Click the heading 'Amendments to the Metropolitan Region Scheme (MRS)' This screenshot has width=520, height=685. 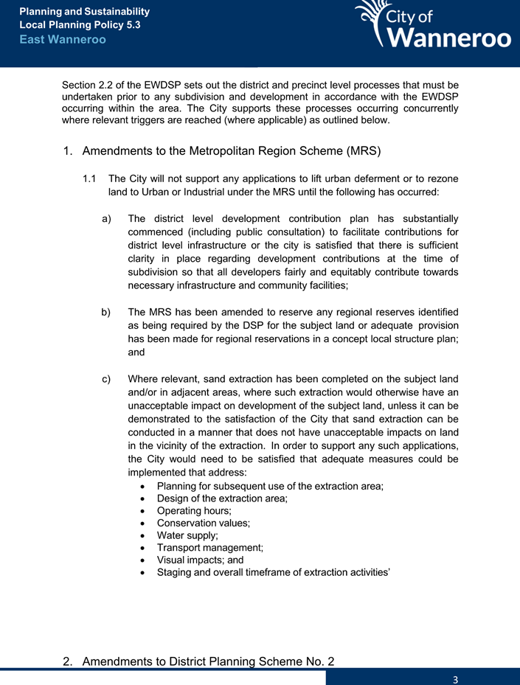[x=232, y=152]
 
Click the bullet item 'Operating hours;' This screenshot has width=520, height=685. [x=194, y=511]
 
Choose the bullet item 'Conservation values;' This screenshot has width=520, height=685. [x=204, y=523]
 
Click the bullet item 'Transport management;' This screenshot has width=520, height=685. [x=210, y=548]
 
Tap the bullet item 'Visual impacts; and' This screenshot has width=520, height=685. [x=201, y=560]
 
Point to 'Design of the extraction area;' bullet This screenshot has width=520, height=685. [x=222, y=498]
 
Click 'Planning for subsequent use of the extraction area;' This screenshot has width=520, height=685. [x=270, y=486]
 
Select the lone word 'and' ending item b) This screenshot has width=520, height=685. [x=136, y=352]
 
